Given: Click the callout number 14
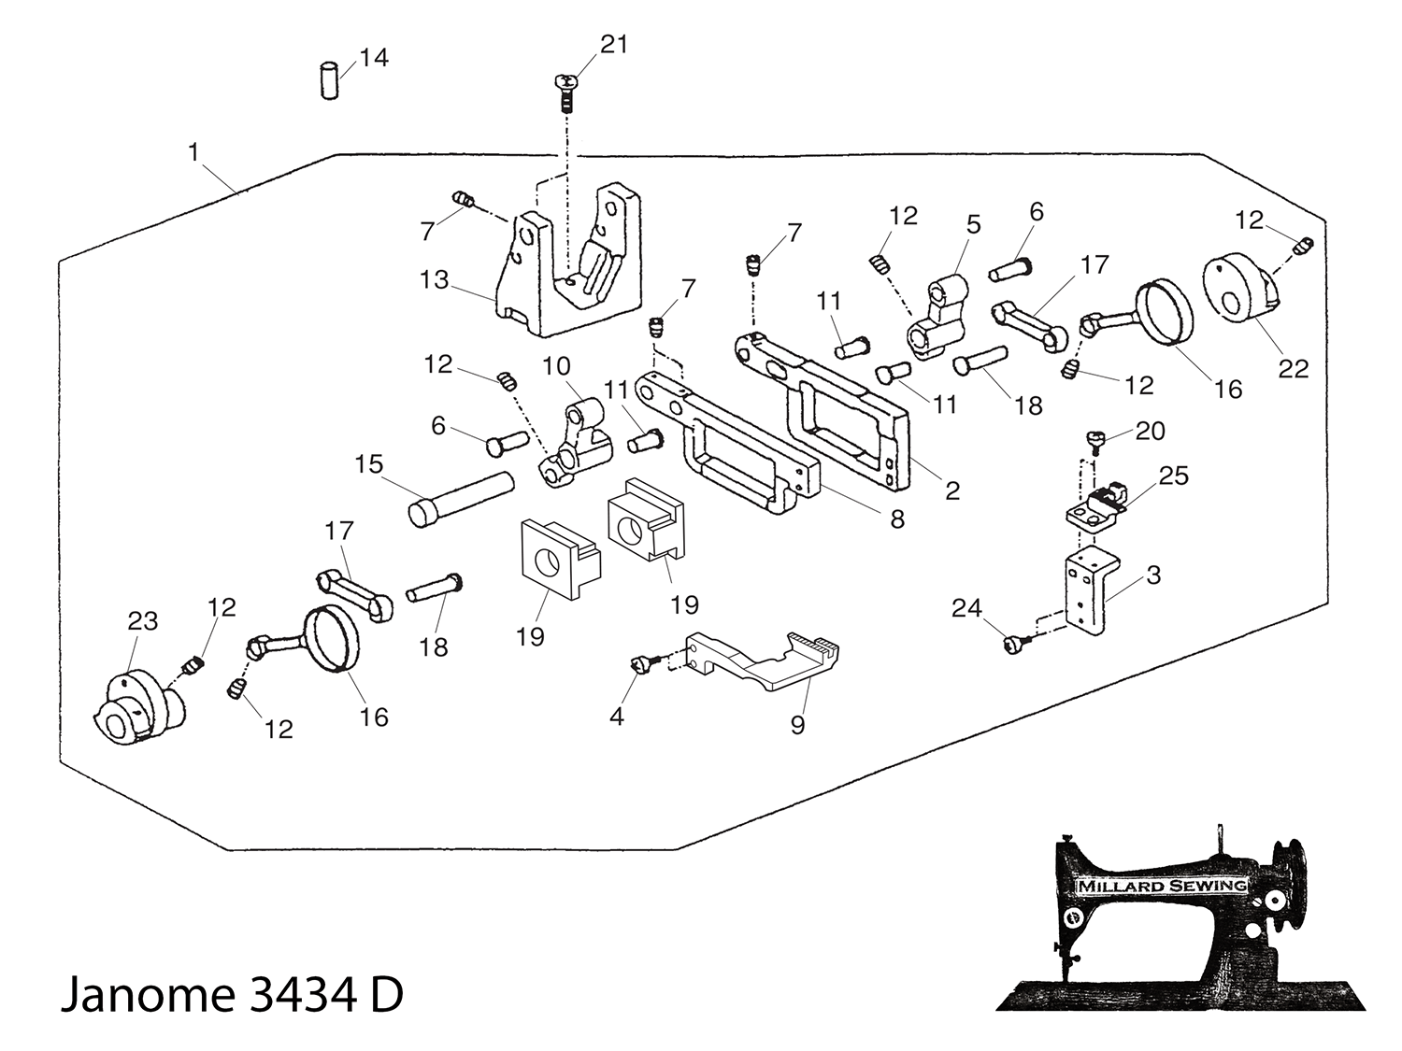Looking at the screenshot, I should tap(374, 58).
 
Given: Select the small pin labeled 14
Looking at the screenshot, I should tap(329, 80).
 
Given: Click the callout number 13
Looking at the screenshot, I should tap(435, 280).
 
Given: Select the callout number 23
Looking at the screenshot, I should tap(142, 621).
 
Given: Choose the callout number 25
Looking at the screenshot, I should tap(1173, 476).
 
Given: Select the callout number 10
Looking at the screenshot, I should tap(556, 366).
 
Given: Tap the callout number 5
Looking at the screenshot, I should tap(974, 224).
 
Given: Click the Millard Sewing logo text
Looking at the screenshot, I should tap(1162, 886).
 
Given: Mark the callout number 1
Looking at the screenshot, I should tap(193, 151).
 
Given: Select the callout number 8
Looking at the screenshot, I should tap(897, 519).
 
